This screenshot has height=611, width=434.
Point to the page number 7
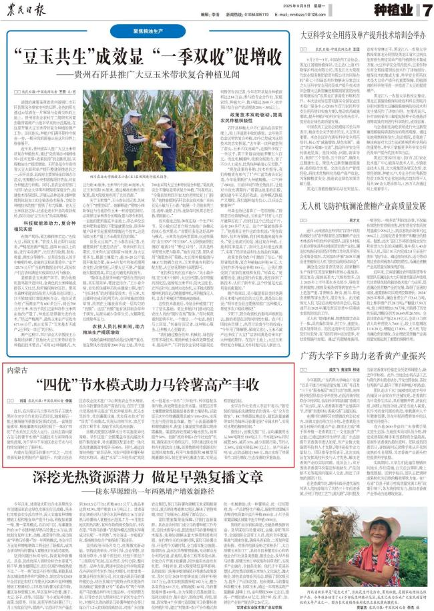pos(424,13)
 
